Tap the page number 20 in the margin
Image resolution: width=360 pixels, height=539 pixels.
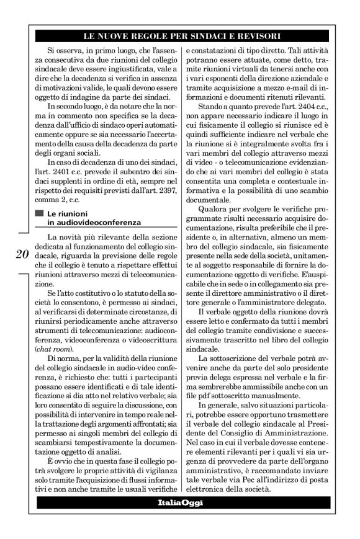point(20,255)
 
